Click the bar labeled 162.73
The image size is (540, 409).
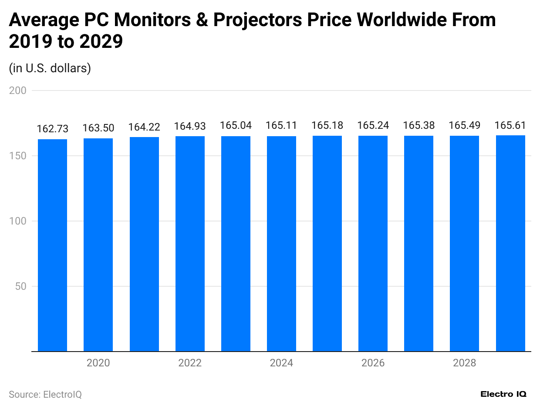point(53,245)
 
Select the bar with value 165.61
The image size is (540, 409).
point(510,243)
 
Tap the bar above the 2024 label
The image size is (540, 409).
point(281,244)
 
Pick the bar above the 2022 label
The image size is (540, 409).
point(190,244)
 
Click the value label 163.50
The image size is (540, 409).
point(98,128)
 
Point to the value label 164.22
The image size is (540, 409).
point(144,127)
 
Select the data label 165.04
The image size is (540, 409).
point(236,126)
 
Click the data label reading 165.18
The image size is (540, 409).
point(327,126)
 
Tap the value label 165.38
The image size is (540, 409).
point(418,126)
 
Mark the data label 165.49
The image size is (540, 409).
point(464,126)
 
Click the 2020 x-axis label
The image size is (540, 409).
point(98,363)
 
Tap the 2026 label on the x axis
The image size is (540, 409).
point(373,363)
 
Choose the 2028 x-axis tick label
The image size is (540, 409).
point(464,363)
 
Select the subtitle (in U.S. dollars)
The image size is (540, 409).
point(50,68)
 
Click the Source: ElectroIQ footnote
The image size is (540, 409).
point(45,395)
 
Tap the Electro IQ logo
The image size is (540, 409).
point(503,394)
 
